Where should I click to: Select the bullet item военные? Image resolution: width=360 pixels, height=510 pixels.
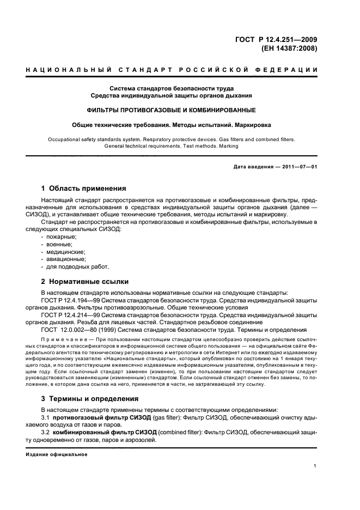tap(59, 245)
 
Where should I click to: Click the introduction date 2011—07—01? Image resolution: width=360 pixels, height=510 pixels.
tap(297, 167)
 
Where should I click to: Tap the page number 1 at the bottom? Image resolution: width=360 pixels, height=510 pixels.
tap(315, 466)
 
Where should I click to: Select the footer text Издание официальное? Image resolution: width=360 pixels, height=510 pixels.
tap(56, 454)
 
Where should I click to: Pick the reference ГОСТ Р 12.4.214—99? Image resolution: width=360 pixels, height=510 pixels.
tap(70, 315)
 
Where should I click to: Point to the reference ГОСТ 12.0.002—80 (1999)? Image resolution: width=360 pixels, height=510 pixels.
tap(81, 330)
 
